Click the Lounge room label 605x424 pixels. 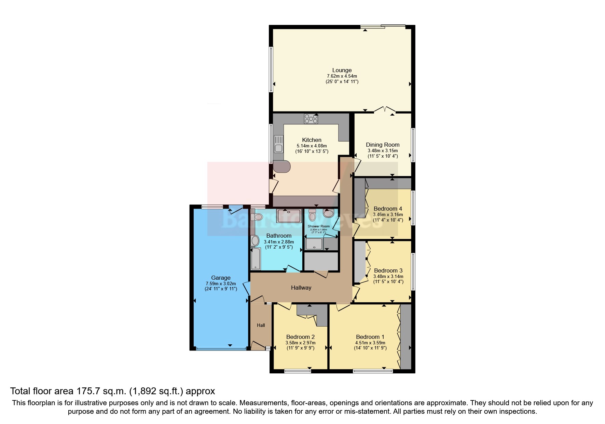click(x=342, y=70)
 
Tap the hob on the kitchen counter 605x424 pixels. click(x=311, y=119)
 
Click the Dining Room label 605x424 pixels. click(x=383, y=145)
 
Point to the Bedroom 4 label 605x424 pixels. click(x=388, y=209)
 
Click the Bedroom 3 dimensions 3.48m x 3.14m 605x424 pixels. click(x=388, y=276)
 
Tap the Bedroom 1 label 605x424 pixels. click(x=370, y=337)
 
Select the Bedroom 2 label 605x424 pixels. click(x=300, y=337)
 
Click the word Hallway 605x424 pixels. click(x=301, y=288)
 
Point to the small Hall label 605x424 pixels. click(x=261, y=325)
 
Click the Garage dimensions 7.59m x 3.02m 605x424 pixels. click(x=221, y=283)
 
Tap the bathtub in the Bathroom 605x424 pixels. click(x=256, y=259)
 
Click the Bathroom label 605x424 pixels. click(x=279, y=236)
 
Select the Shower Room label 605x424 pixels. click(x=318, y=226)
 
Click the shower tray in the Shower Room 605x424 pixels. click(x=314, y=244)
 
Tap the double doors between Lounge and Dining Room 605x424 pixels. click(x=385, y=110)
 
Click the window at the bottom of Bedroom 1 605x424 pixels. click(x=373, y=371)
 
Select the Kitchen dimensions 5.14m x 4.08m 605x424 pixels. click(x=312, y=146)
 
